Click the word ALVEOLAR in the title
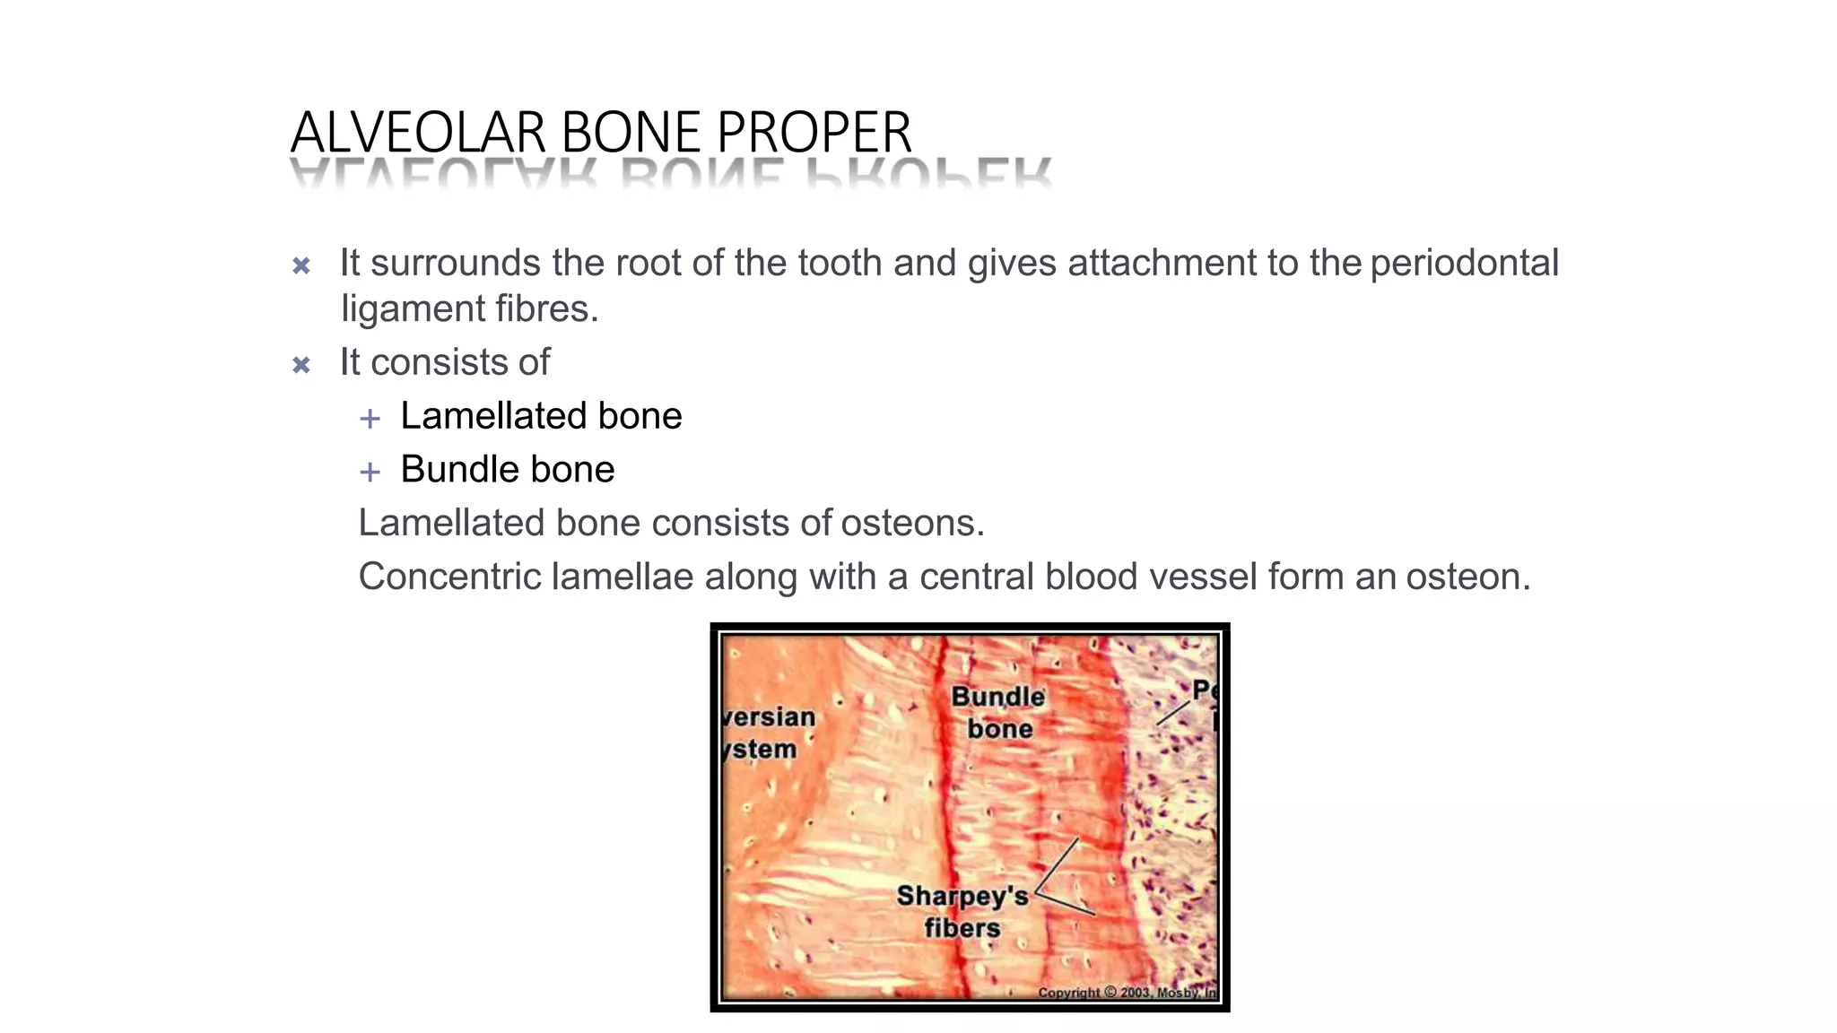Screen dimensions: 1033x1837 [419, 133]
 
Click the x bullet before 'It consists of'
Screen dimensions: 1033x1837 [301, 365]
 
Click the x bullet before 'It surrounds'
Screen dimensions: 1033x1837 [301, 265]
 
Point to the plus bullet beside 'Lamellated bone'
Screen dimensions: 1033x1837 [370, 418]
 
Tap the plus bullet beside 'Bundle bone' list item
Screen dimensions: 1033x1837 [370, 472]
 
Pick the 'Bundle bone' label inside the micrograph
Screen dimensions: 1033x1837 [998, 712]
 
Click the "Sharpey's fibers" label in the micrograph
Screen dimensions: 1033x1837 [962, 911]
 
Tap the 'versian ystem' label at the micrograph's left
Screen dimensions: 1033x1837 [768, 733]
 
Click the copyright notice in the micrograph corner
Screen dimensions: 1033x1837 [1126, 993]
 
